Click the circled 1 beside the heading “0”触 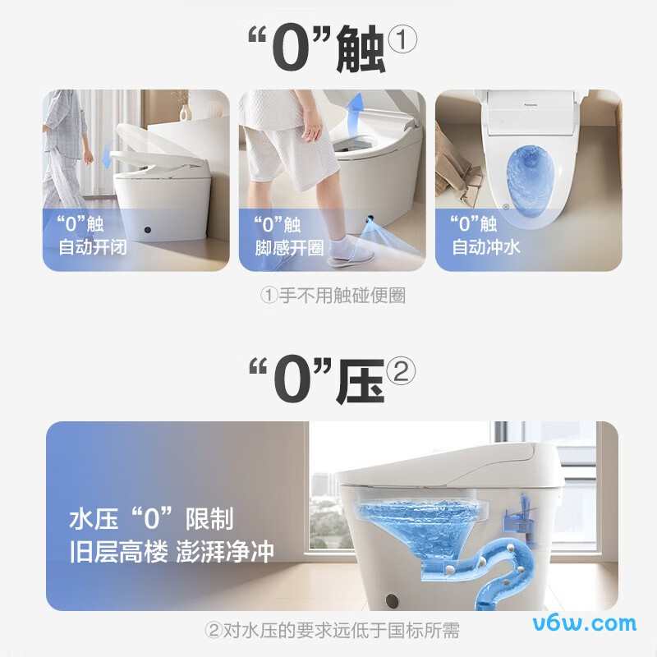[x=402, y=39]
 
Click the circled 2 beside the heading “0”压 [x=400, y=371]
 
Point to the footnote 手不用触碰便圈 [x=333, y=296]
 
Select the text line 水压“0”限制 [x=151, y=519]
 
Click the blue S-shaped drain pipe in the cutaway [x=493, y=567]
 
